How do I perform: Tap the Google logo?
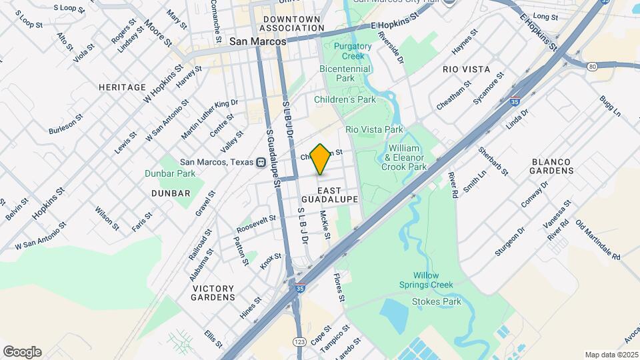(x=22, y=352)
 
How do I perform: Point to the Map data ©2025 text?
(x=611, y=355)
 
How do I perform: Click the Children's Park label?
(x=345, y=99)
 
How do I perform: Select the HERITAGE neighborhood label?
(x=122, y=87)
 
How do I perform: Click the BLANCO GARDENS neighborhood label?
(x=553, y=166)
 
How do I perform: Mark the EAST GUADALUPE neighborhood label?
(x=330, y=195)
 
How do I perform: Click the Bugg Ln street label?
(x=609, y=106)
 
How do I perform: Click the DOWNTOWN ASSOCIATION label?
(x=291, y=24)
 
